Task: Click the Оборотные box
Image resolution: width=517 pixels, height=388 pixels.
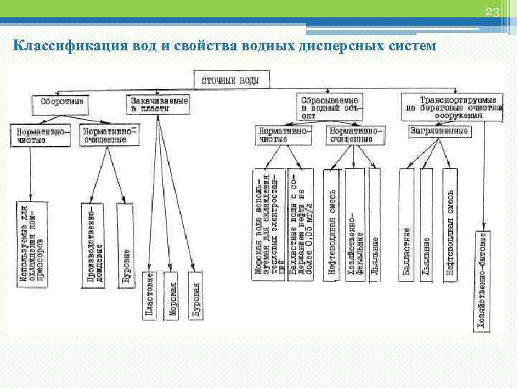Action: pyautogui.click(x=62, y=102)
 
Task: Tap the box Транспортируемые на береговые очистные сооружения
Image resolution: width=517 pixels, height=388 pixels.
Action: pyautogui.click(x=452, y=105)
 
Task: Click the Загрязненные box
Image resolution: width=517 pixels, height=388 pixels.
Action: pyautogui.click(x=440, y=131)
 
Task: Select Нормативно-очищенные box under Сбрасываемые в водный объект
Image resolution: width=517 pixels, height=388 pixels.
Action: pyautogui.click(x=356, y=135)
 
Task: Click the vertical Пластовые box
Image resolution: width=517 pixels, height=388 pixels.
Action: pyautogui.click(x=149, y=295)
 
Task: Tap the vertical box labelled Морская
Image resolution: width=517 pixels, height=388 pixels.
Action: pyautogui.click(x=173, y=295)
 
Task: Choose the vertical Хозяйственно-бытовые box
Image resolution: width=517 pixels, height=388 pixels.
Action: pyautogui.click(x=483, y=281)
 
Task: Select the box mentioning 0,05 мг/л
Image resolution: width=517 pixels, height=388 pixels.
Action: pyautogui.click(x=301, y=223)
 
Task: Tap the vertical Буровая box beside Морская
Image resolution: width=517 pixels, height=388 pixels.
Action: pyautogui.click(x=195, y=295)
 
